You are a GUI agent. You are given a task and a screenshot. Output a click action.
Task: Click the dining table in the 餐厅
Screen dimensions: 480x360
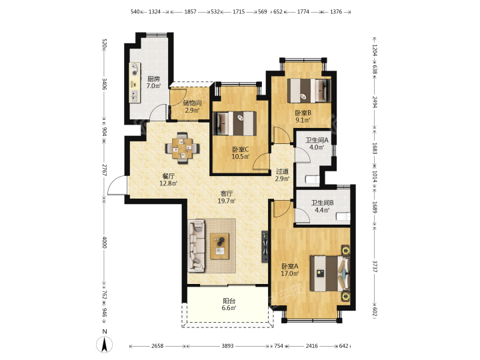[x=183, y=148]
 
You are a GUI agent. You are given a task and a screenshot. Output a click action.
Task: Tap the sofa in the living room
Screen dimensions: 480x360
[x=196, y=246]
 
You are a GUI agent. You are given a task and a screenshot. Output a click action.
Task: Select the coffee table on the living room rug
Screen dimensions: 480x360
[x=219, y=246]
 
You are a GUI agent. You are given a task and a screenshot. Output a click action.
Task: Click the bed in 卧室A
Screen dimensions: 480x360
[x=330, y=273]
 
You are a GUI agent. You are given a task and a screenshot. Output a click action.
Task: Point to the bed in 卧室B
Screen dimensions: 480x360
[x=309, y=91]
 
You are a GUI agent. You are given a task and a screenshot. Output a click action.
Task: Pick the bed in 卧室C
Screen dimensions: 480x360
[x=235, y=123]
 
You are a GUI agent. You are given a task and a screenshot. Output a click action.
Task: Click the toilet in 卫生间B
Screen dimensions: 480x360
[x=343, y=216]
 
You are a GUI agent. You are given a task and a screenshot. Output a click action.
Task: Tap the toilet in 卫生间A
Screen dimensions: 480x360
[x=313, y=179]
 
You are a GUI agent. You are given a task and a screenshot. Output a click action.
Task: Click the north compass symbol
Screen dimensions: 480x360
[x=105, y=342]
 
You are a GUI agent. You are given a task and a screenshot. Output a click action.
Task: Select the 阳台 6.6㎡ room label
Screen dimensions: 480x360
[x=229, y=305]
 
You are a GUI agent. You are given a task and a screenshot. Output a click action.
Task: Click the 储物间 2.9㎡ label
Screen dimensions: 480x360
[x=192, y=107]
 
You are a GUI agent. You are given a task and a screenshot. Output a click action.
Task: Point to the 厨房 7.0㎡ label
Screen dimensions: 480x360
[x=153, y=83]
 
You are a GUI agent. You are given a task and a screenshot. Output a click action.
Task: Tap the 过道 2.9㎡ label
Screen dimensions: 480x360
[x=282, y=175]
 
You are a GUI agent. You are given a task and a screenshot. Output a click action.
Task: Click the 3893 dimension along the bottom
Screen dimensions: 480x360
[x=227, y=346]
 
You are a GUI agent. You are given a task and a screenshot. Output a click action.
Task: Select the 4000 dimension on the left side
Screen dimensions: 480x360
[x=105, y=242]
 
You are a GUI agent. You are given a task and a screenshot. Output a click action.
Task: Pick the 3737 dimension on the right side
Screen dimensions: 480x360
[x=375, y=267]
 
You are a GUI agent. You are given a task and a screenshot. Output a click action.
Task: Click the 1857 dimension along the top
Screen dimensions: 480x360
[x=190, y=12]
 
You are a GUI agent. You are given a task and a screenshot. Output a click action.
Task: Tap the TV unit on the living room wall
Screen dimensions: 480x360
[x=265, y=247]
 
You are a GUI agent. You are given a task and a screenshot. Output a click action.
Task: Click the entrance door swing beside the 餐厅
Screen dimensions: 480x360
[x=117, y=185]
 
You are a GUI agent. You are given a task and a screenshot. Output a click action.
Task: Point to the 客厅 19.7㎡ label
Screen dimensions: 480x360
[x=227, y=197]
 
